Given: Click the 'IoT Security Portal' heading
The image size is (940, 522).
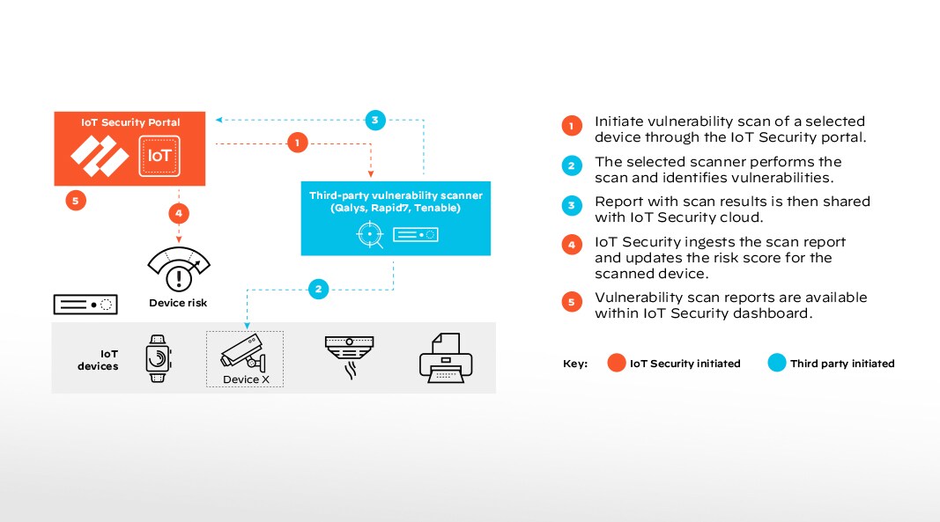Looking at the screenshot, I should [x=130, y=122].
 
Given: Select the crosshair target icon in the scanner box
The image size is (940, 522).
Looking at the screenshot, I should [x=368, y=234].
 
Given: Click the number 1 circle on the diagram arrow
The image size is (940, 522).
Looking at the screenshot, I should [x=298, y=142].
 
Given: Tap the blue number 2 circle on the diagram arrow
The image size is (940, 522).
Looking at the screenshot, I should [x=319, y=287].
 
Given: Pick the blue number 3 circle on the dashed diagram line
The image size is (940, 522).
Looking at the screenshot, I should [x=374, y=120].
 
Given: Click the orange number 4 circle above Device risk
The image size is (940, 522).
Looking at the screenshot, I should [x=179, y=212].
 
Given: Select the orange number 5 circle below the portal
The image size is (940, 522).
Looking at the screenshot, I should [x=76, y=201].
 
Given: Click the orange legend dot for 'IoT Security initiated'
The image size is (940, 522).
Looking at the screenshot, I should [x=616, y=363].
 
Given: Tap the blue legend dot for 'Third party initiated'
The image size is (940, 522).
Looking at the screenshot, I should [x=776, y=363].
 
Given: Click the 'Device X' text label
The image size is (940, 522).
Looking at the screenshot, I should [x=241, y=379].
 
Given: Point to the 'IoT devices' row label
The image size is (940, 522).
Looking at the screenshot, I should [x=97, y=359].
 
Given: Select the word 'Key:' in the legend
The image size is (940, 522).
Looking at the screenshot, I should [x=575, y=364].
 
